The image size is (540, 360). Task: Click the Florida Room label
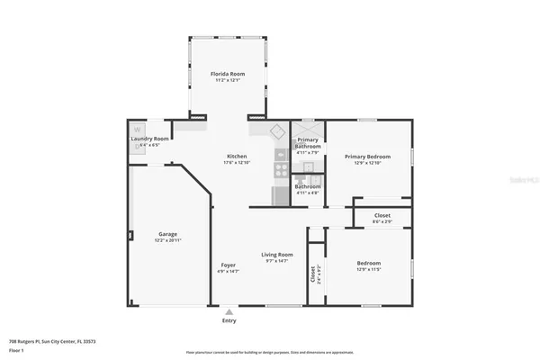click(x=227, y=73)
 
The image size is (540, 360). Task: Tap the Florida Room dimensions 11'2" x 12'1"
click(x=227, y=80)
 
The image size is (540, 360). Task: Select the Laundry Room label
click(x=149, y=139)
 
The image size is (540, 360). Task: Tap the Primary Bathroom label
click(x=308, y=143)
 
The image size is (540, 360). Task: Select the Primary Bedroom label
click(x=366, y=156)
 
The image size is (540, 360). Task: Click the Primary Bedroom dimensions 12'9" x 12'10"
click(x=366, y=163)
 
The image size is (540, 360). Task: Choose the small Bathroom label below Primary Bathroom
click(x=308, y=186)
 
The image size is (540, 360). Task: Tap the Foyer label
click(x=229, y=265)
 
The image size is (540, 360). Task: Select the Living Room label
click(x=277, y=254)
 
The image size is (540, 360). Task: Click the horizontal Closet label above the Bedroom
click(x=382, y=215)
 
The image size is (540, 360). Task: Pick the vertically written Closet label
click(x=312, y=274)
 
